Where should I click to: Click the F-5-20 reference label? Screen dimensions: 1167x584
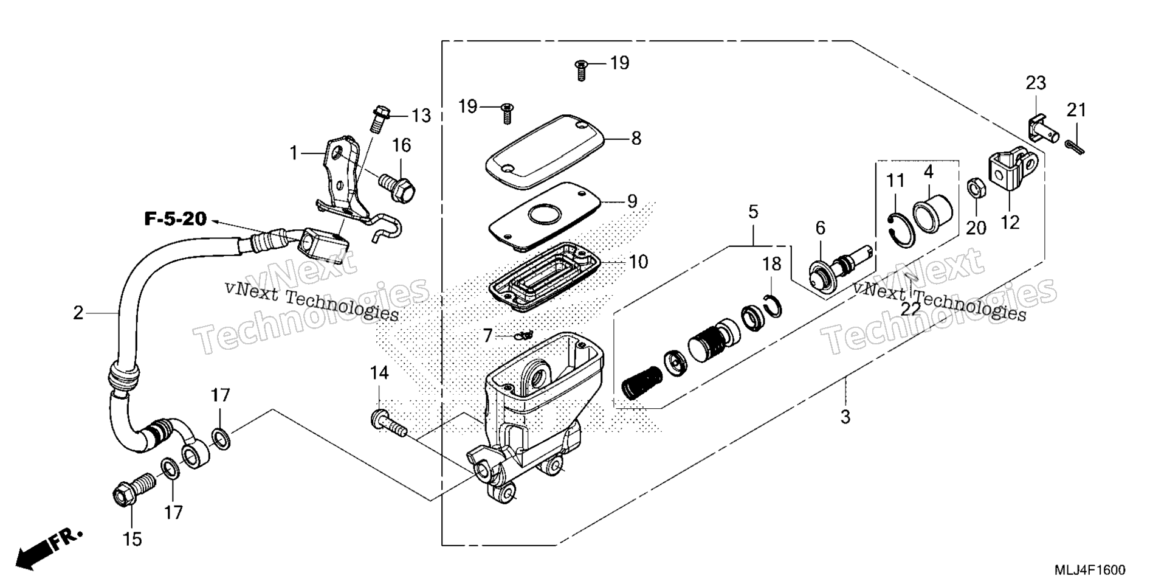click(x=176, y=219)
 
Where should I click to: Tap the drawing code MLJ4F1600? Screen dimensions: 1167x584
click(x=1089, y=570)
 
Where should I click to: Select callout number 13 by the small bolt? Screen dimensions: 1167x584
click(x=421, y=115)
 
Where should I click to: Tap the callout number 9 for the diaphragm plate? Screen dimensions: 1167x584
click(x=632, y=201)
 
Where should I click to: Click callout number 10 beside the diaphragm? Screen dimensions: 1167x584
click(x=639, y=262)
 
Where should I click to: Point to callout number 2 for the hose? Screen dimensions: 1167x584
click(x=78, y=313)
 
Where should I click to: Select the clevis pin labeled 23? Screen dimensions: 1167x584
click(x=1044, y=125)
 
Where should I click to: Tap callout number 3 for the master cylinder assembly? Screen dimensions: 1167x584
click(x=845, y=417)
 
